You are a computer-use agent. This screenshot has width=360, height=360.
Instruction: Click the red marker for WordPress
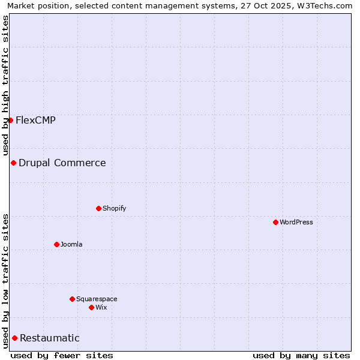275,222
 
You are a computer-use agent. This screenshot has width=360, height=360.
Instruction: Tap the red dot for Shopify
98,208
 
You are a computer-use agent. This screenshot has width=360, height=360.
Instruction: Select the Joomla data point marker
56,244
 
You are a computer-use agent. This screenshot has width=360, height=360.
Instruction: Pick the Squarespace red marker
72,299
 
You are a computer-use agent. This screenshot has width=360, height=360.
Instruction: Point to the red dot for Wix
91,307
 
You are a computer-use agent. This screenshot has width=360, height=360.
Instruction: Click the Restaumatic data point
14,338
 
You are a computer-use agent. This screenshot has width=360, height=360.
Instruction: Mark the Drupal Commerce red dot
13,163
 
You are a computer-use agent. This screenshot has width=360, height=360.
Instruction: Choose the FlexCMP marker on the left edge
10,120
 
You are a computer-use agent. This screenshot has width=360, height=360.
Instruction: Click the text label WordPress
296,222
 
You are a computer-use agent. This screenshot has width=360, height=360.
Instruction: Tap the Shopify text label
114,208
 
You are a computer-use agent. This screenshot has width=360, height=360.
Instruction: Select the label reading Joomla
71,244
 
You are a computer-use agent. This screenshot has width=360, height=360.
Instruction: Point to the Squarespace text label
97,299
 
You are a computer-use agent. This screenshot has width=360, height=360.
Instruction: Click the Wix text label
101,307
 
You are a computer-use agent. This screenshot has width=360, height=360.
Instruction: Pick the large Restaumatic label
50,338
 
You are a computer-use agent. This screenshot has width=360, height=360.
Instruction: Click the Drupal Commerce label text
62,163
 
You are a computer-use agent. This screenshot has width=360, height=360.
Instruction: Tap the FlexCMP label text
36,120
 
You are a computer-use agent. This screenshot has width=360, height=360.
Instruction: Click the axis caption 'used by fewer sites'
62,355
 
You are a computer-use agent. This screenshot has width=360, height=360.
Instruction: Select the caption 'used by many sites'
301,355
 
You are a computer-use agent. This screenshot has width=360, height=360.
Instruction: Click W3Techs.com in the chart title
326,5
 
